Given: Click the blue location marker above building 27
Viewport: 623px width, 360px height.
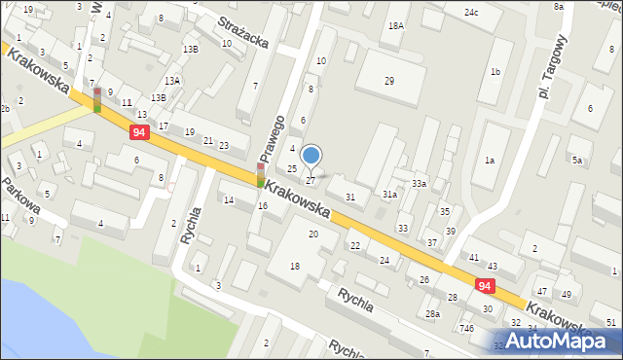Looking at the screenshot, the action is [311, 156].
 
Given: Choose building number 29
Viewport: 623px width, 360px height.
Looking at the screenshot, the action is [389, 81].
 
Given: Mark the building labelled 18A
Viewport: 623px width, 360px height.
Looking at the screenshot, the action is [395, 26].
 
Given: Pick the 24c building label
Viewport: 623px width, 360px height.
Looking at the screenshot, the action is [471, 13].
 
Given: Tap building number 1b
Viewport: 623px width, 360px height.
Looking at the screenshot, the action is [495, 72].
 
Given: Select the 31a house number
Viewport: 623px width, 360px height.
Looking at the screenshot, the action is [388, 195].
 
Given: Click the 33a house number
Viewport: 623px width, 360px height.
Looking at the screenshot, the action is [419, 184].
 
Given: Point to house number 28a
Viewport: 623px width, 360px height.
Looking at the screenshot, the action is [432, 314].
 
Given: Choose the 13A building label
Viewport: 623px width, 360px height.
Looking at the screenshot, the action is [171, 81].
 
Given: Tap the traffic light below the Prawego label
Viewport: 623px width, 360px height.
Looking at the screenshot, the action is [261, 174].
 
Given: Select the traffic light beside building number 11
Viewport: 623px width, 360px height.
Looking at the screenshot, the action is [97, 99].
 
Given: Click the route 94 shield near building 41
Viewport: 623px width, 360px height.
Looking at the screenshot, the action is [485, 285].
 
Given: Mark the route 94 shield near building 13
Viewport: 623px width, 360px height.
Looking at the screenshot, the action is [140, 131].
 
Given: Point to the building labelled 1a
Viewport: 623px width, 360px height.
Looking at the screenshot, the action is [490, 161].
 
